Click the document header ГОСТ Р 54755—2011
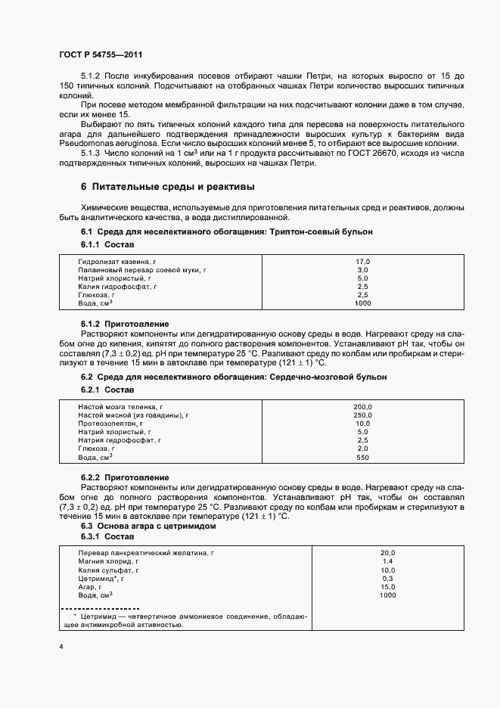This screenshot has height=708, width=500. [x=99, y=55]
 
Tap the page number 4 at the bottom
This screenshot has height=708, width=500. [x=61, y=647]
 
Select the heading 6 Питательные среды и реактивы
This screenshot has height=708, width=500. [x=167, y=186]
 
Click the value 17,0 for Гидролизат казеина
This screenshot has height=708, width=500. [x=362, y=261]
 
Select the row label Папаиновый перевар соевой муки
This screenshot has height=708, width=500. [x=142, y=269]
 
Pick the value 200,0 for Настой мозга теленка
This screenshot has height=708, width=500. [x=362, y=407]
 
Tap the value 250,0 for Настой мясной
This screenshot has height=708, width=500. [x=362, y=415]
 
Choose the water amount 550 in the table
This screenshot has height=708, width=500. [x=362, y=458]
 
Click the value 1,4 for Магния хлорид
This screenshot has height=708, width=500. [x=387, y=562]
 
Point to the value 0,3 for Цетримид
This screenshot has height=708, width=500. [x=387, y=579]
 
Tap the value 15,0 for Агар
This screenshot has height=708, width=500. [x=387, y=587]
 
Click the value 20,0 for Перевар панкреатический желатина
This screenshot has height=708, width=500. [x=387, y=553]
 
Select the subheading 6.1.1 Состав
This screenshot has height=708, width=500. [x=107, y=246]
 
